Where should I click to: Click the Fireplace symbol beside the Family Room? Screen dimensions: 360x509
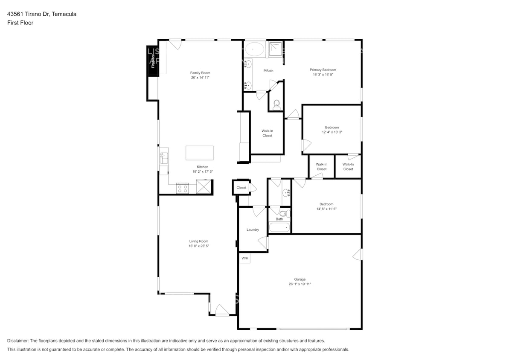[x=153, y=61]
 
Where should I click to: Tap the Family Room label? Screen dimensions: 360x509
[x=200, y=73]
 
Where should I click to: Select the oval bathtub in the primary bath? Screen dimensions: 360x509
[x=255, y=49]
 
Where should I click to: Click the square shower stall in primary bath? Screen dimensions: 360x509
[x=276, y=49]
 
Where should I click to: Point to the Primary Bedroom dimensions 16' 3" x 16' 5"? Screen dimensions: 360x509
[x=323, y=75]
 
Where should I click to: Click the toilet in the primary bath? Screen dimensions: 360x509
[x=276, y=104]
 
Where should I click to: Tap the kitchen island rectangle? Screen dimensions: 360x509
[x=199, y=153]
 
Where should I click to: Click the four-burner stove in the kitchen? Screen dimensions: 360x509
[x=183, y=188]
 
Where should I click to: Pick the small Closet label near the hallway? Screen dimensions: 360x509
[x=241, y=188]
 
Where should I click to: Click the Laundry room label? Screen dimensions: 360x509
[x=253, y=229]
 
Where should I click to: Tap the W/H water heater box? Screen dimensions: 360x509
[x=244, y=258]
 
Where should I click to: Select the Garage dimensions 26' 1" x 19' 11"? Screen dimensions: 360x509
[x=300, y=284]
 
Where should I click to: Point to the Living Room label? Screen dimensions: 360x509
[x=199, y=241]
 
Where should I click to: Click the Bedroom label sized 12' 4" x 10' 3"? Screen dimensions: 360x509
[x=332, y=127]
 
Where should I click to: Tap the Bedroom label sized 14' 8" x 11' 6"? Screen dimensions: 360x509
[x=326, y=204]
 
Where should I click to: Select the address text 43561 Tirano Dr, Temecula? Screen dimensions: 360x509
[x=42, y=14]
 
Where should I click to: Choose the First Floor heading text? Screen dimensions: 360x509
[x=20, y=23]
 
